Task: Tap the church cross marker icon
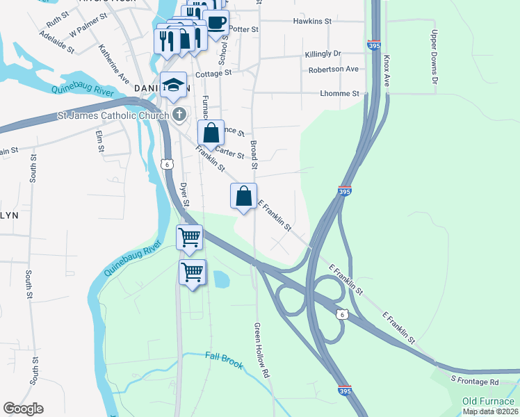click(x=179, y=114)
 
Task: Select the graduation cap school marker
click(x=172, y=85)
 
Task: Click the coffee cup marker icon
click(x=216, y=22)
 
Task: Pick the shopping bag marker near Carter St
click(x=211, y=132)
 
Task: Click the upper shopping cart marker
click(x=189, y=237)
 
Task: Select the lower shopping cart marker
click(x=192, y=271)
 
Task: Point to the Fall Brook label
click(x=225, y=360)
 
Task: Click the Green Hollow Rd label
click(x=261, y=351)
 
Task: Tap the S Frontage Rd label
click(x=475, y=382)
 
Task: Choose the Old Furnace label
click(x=489, y=401)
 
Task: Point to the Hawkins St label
click(x=313, y=22)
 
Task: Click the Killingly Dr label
click(x=323, y=54)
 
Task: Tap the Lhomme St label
click(x=339, y=93)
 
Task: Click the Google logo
click(x=23, y=409)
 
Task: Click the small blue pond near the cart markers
click(x=221, y=279)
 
